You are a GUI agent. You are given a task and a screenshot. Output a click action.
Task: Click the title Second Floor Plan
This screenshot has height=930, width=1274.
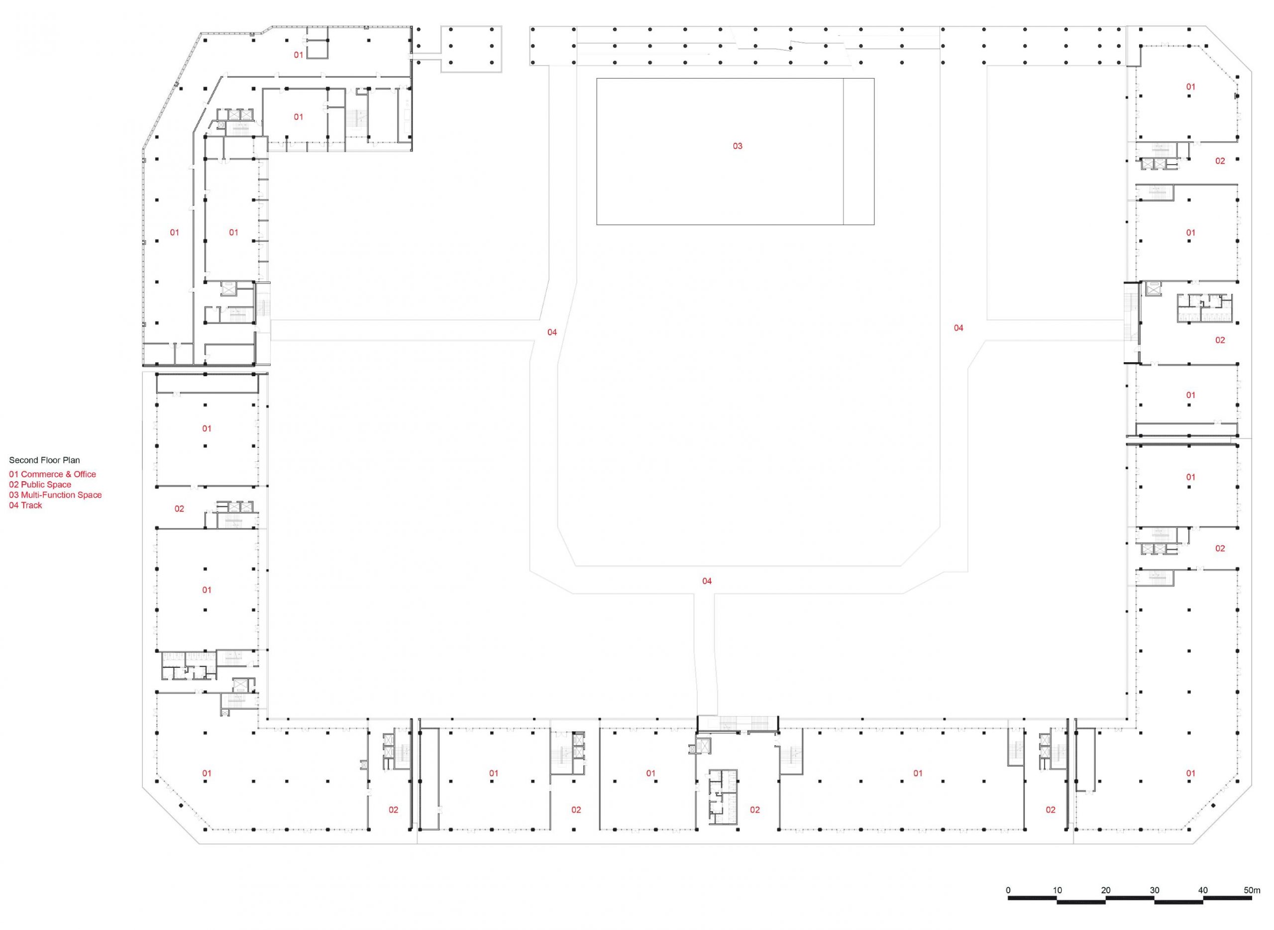[44, 460]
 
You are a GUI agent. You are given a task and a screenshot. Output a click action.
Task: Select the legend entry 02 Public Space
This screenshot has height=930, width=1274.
[40, 484]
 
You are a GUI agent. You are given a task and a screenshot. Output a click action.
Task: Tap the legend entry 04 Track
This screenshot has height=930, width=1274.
[25, 505]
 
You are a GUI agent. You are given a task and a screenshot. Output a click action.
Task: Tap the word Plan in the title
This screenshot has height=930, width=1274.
[72, 460]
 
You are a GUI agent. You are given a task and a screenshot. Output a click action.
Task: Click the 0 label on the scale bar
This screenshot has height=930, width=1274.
[1008, 906]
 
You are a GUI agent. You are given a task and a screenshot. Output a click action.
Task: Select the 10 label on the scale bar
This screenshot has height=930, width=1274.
[1057, 906]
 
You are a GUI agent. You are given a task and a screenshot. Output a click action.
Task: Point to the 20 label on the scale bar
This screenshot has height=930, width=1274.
[1106, 906]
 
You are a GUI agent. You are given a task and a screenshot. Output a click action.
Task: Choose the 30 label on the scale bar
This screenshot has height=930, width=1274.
[1154, 906]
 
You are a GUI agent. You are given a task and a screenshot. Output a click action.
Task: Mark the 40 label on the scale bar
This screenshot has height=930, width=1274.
[1202, 906]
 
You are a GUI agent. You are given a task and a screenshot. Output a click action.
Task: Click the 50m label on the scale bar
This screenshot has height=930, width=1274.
[1252, 906]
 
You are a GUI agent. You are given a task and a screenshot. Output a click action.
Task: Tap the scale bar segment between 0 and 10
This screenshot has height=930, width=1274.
[1033, 914]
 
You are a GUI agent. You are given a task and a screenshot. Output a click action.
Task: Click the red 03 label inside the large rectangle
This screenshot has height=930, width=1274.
[737, 146]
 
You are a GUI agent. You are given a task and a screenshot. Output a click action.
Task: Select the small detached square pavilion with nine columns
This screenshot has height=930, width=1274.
[471, 49]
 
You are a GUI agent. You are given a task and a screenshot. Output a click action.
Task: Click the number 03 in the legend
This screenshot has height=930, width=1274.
[14, 495]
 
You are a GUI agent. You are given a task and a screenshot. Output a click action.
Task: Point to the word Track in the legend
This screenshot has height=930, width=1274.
[31, 505]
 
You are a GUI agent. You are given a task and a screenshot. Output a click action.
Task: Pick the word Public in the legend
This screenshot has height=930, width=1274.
[33, 484]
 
